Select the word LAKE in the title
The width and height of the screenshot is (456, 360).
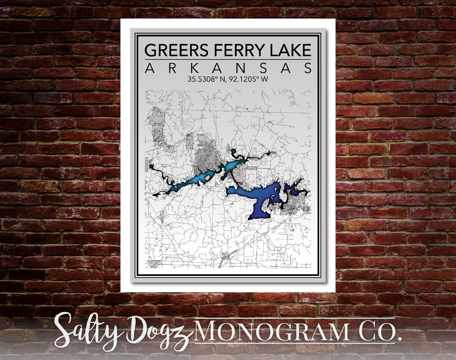point(291,50)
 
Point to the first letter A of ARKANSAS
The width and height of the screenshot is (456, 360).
point(149,68)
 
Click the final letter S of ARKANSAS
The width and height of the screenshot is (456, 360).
point(307,68)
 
